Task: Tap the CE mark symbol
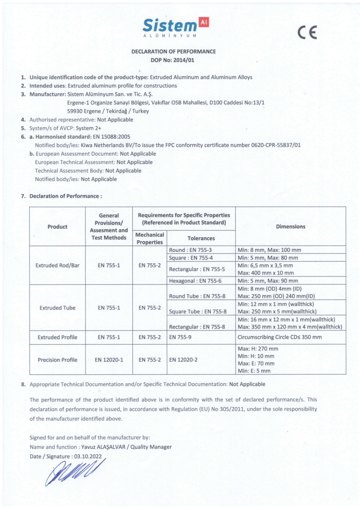coord(307,33)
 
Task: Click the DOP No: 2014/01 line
coord(172,60)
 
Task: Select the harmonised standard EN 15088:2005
coord(111,137)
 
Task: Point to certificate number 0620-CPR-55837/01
coord(276,145)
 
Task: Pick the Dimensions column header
coord(290,226)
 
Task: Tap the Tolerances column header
coord(201,238)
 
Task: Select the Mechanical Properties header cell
coord(150,238)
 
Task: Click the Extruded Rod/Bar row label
coord(57,265)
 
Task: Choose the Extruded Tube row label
coord(57,308)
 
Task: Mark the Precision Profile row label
coord(57,360)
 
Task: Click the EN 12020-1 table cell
coord(109,360)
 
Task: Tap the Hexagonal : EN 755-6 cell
coord(195,281)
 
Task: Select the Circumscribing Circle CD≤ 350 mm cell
coord(280,337)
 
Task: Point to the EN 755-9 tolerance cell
coord(180,337)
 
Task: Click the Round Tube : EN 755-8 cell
coord(197,296)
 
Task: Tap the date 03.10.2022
coord(88,456)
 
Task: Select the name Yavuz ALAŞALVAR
coord(103,447)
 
